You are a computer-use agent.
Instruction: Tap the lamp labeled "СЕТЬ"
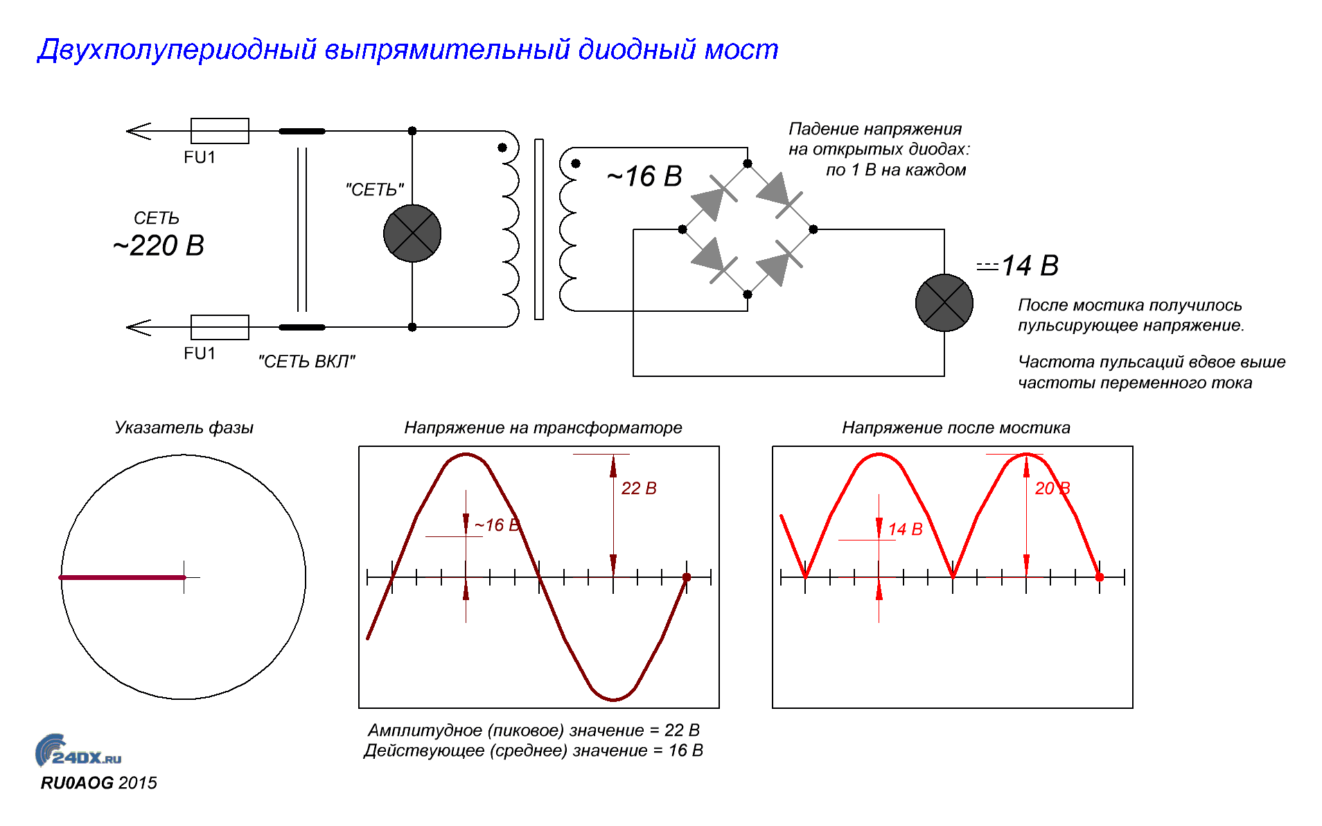click(412, 234)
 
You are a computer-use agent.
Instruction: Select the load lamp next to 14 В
click(944, 303)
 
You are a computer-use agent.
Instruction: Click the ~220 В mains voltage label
click(159, 246)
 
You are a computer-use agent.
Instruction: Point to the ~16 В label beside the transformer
click(644, 177)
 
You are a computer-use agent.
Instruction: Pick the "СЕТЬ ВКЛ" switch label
click(306, 362)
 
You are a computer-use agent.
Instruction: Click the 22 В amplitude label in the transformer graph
click(639, 489)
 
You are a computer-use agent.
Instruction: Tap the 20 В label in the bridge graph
click(1052, 489)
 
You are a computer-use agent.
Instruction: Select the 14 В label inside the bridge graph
click(905, 529)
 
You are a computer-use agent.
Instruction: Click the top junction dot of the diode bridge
click(748, 164)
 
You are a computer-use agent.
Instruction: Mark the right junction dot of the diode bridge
click(813, 229)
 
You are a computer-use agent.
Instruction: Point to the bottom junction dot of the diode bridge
click(748, 295)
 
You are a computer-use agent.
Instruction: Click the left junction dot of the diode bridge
click(682, 229)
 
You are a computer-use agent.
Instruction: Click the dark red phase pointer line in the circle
click(123, 577)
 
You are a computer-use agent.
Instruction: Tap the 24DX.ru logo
click(78, 751)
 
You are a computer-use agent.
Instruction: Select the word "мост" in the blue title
click(741, 50)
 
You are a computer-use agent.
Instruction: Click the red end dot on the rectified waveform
click(1100, 577)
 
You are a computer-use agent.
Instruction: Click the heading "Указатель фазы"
click(184, 428)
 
